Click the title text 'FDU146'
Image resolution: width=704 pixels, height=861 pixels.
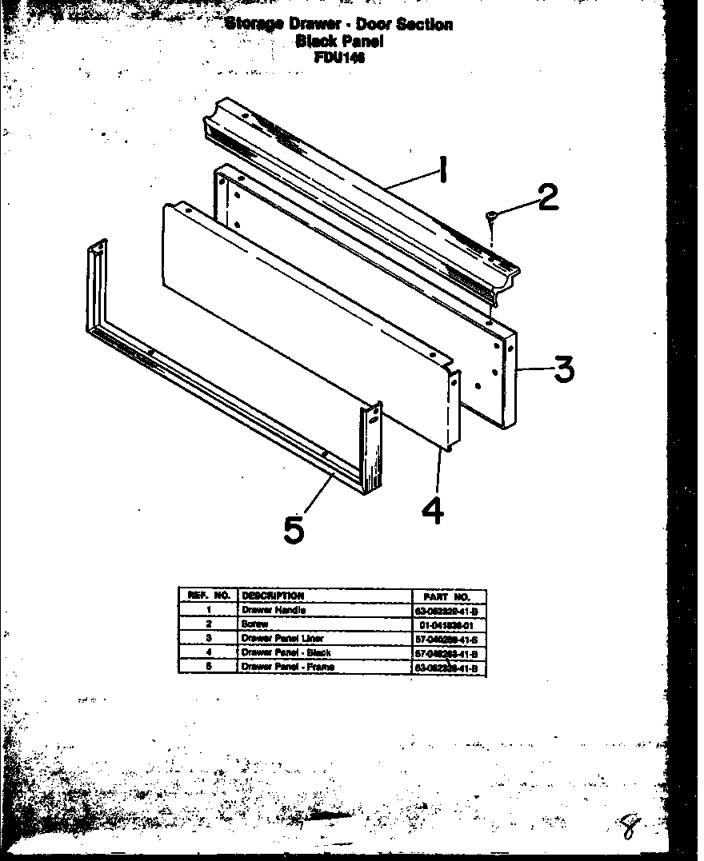339,57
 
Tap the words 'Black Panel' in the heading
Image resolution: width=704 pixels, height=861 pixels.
339,41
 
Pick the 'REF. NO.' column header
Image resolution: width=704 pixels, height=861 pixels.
208,596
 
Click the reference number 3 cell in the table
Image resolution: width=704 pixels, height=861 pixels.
208,638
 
